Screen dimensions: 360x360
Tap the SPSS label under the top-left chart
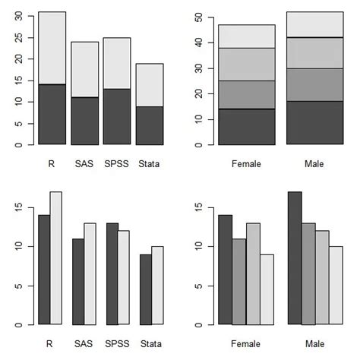point(117,163)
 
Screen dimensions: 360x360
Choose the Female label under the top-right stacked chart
point(246,163)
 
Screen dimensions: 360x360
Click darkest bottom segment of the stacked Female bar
point(246,127)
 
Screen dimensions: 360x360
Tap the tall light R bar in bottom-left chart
point(55,258)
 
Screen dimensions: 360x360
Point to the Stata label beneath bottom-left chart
point(150,343)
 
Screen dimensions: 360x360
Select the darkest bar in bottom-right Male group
point(295,258)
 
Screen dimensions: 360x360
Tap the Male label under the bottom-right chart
point(314,343)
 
